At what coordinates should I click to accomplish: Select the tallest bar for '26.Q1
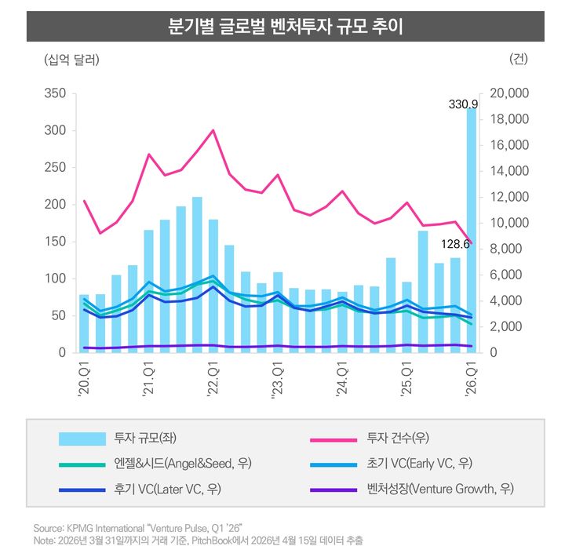472,235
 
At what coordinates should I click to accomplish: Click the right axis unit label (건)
519,60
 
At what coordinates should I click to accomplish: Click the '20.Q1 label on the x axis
84,379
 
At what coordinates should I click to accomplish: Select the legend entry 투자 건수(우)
398,438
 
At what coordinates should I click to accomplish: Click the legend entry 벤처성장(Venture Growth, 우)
439,489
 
